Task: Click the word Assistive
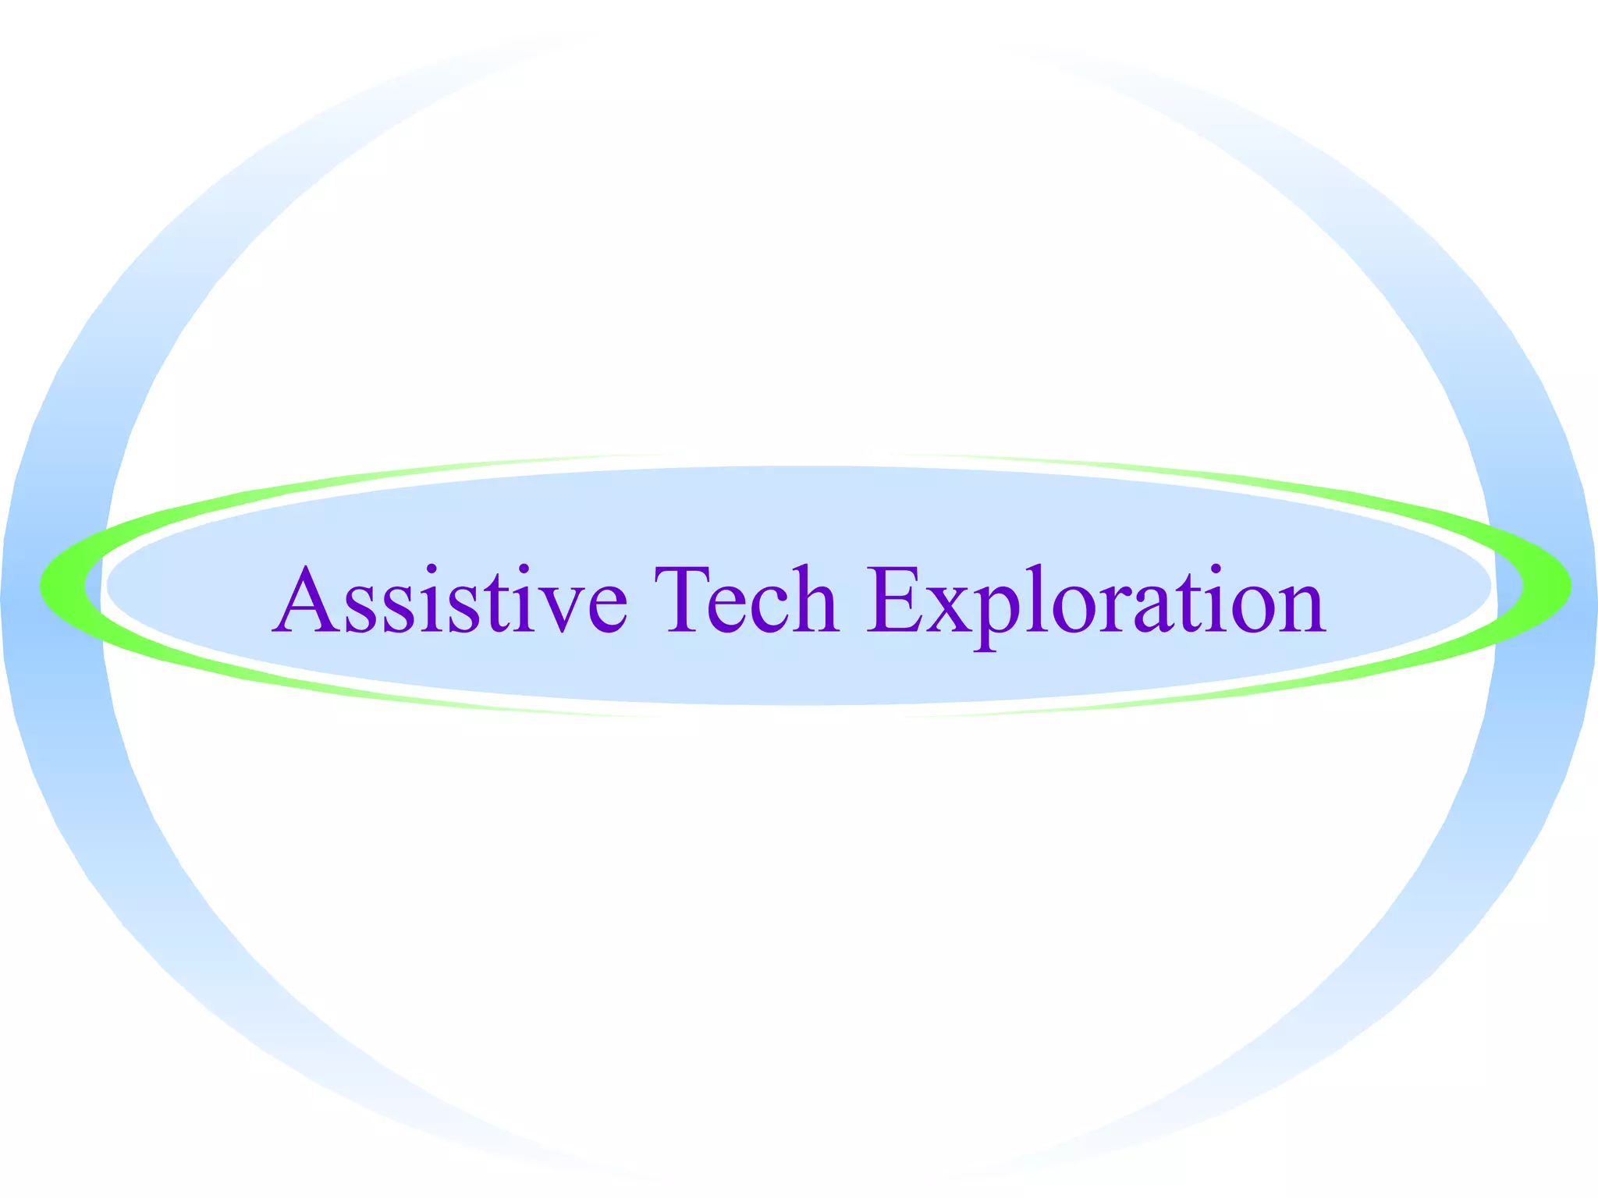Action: point(449,599)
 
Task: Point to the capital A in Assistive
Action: point(306,599)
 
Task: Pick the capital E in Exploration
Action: point(897,599)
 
